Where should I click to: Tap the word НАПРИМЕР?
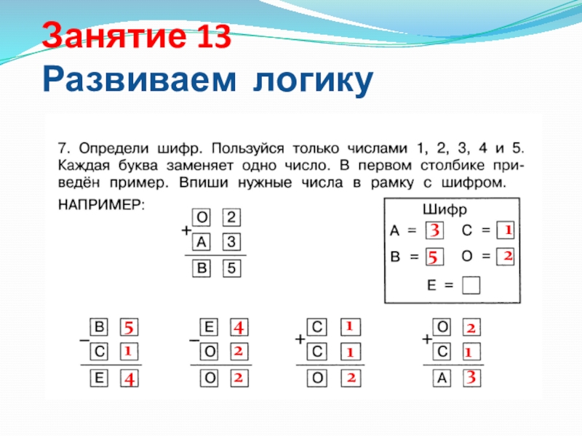click(x=101, y=206)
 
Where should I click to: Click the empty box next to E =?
click(x=471, y=285)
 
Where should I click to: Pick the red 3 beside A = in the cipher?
click(x=434, y=232)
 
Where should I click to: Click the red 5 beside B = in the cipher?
click(x=434, y=257)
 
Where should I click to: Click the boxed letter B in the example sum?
click(x=202, y=269)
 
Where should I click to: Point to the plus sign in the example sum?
click(x=186, y=230)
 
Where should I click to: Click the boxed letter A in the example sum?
click(x=202, y=242)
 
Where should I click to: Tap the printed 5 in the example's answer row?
click(x=231, y=269)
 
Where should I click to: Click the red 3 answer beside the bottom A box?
click(x=471, y=378)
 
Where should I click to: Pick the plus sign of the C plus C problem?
click(x=299, y=339)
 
